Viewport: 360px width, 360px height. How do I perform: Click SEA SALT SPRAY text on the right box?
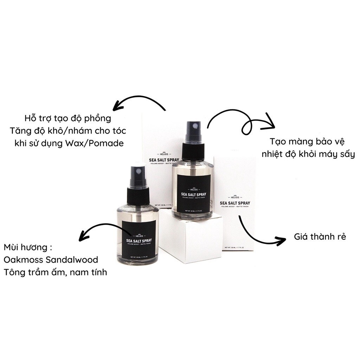[x=234, y=203]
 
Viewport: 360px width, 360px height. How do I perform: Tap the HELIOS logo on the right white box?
[x=234, y=197]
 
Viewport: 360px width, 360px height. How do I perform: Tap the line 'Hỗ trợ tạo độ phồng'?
[x=68, y=118]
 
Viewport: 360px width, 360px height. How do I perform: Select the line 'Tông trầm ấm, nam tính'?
[x=56, y=272]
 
